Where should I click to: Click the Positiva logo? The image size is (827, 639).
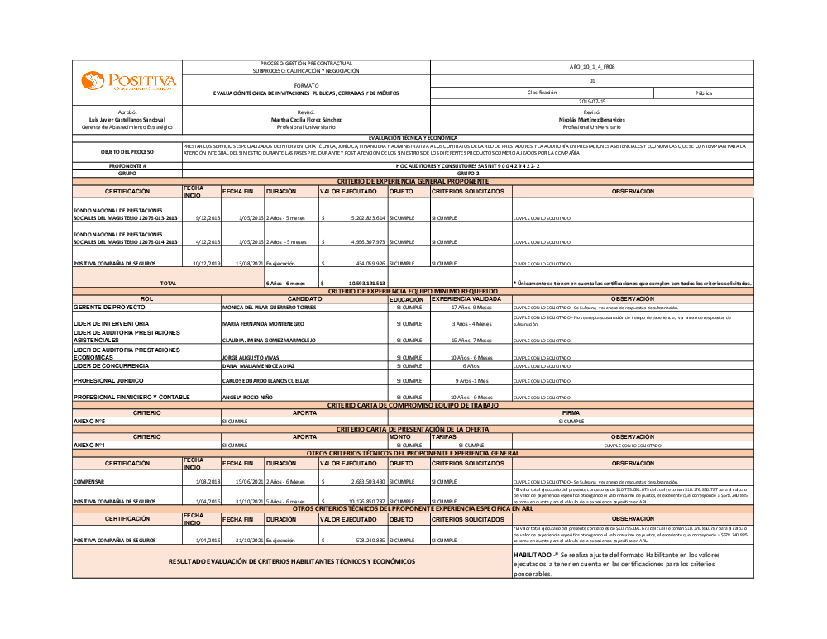(x=128, y=81)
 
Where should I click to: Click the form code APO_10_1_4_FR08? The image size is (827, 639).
(x=592, y=67)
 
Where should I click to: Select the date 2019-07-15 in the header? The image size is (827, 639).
(x=592, y=101)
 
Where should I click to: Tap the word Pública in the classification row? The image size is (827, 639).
(x=704, y=93)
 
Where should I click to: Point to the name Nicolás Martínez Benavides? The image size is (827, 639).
(x=592, y=120)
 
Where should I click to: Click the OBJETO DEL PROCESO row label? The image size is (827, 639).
(x=127, y=152)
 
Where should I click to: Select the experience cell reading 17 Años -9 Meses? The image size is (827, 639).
(x=471, y=307)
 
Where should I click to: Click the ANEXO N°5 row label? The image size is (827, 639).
(x=88, y=421)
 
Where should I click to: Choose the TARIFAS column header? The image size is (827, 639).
(x=444, y=436)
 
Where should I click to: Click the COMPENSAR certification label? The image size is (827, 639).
(x=88, y=481)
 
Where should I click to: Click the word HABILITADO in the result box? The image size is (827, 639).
(x=533, y=554)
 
